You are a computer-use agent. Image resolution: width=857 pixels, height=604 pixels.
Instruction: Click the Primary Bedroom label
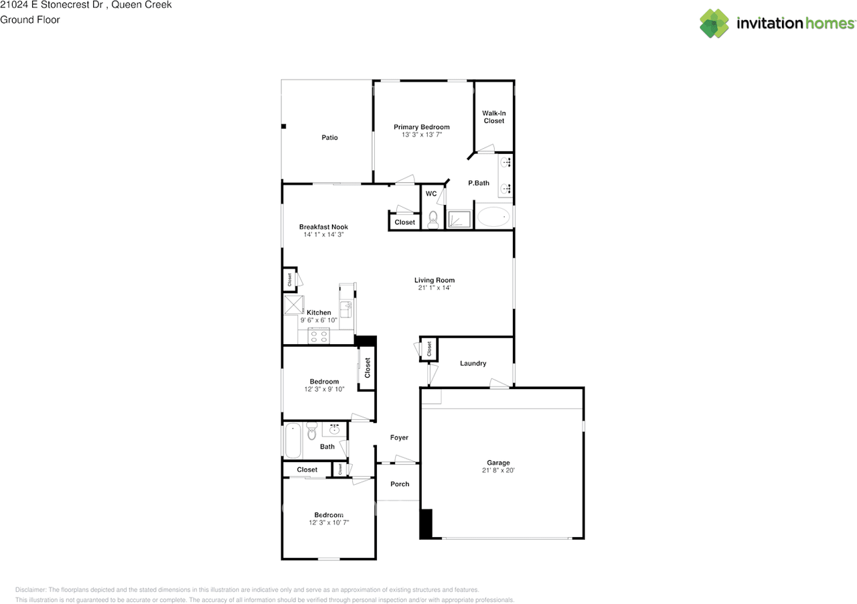click(x=422, y=127)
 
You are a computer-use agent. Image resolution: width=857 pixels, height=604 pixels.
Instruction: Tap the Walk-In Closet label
click(x=494, y=117)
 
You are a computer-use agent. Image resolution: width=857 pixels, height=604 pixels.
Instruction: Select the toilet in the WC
click(x=433, y=220)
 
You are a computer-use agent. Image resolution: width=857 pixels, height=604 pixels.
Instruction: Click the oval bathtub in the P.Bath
click(x=493, y=217)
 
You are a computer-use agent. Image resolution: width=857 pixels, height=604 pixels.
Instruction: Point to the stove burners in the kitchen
click(x=319, y=336)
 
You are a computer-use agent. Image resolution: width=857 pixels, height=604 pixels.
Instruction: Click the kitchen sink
click(x=346, y=309)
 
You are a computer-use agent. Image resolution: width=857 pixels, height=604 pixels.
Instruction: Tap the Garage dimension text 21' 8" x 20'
click(x=498, y=471)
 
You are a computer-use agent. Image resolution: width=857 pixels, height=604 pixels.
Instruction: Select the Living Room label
click(x=435, y=280)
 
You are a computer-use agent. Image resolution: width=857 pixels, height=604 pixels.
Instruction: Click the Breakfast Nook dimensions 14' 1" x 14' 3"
click(x=323, y=234)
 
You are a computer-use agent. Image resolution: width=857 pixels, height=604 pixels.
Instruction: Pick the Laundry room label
click(x=473, y=363)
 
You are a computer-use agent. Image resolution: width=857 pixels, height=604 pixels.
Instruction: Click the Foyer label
click(x=399, y=437)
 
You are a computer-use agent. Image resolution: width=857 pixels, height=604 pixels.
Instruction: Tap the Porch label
click(x=400, y=484)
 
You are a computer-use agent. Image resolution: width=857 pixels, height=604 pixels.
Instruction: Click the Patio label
click(x=329, y=137)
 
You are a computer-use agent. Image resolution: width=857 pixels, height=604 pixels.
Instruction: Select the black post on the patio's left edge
click(x=283, y=127)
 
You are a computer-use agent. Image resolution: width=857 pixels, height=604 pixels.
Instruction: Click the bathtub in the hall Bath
click(x=293, y=440)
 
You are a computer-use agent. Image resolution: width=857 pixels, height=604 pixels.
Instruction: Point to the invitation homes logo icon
click(x=714, y=23)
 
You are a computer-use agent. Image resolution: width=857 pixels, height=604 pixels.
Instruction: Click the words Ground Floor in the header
click(x=30, y=20)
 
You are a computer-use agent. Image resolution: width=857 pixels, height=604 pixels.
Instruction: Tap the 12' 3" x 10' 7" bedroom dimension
click(x=329, y=522)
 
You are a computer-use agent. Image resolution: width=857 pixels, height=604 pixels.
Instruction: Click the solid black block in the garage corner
click(x=426, y=524)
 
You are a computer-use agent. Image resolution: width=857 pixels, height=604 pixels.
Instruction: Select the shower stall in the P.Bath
click(x=459, y=220)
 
